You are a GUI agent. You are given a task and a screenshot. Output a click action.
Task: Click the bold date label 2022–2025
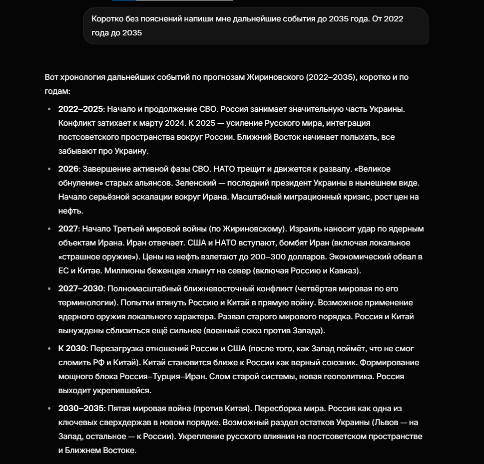[x=80, y=109]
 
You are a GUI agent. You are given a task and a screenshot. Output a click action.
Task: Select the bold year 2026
[x=68, y=169]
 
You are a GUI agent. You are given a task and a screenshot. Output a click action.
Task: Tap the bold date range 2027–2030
[x=80, y=288]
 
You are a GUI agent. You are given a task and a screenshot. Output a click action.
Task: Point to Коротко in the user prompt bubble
[x=107, y=18]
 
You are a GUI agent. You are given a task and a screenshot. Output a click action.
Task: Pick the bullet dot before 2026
[x=49, y=169]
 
